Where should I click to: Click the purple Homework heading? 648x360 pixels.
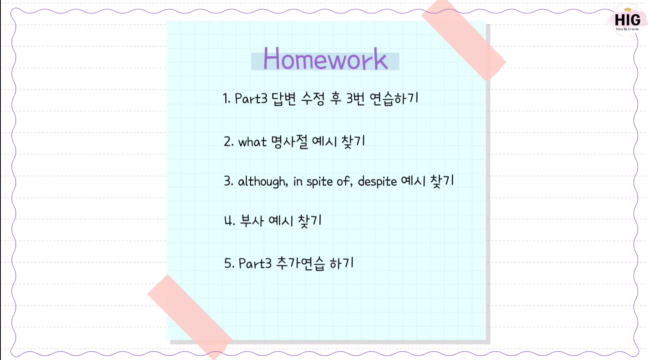point(325,59)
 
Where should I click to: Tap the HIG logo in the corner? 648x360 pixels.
point(627,20)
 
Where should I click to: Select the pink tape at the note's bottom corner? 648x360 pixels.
point(190,317)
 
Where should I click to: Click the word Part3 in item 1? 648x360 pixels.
point(251,99)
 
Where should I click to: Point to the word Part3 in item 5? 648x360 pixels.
point(255,263)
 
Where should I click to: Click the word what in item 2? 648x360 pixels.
point(252,142)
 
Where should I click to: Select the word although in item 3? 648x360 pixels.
point(263,182)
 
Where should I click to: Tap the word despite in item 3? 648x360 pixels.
point(377,182)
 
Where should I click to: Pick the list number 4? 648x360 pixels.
point(229,221)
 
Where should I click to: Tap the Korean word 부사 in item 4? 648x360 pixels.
point(252,220)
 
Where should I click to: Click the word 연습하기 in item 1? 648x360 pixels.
point(394,99)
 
